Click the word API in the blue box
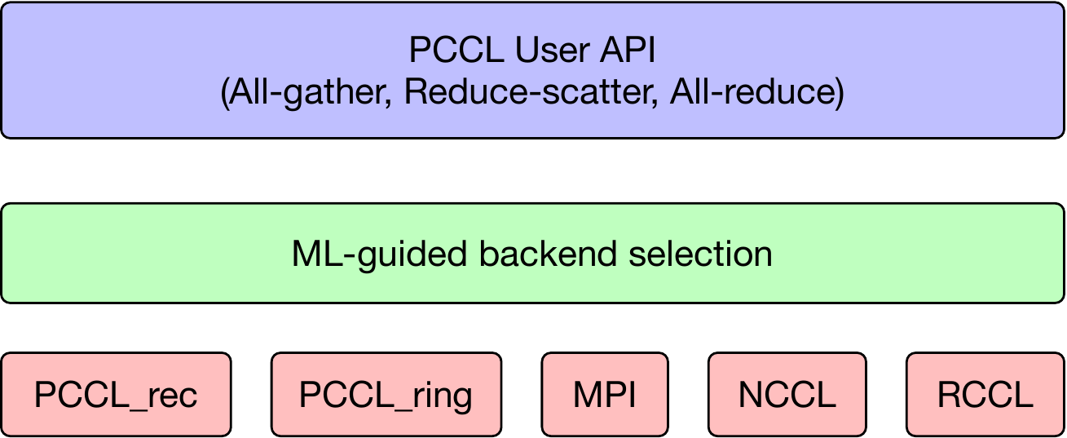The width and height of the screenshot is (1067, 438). point(628,51)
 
